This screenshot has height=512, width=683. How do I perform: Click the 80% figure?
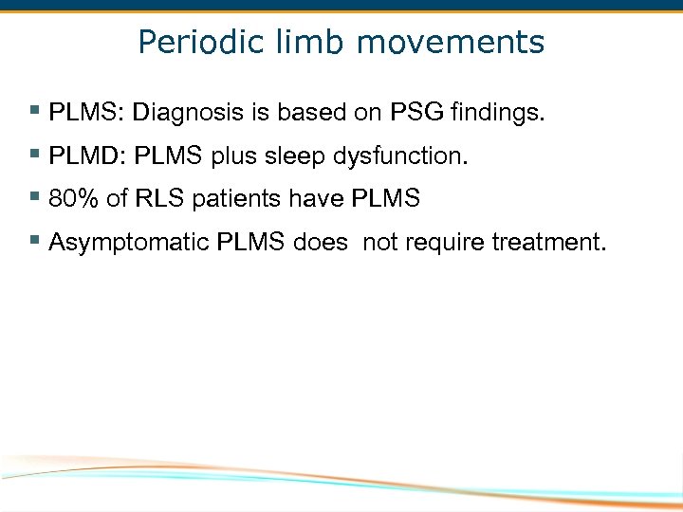(72, 199)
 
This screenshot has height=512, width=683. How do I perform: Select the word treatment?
(547, 243)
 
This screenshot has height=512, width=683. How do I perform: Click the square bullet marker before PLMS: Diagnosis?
(34, 112)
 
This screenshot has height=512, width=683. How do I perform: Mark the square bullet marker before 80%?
(34, 197)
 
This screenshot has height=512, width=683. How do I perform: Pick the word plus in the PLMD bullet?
(233, 156)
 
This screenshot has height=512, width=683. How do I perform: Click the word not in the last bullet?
(380, 243)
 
